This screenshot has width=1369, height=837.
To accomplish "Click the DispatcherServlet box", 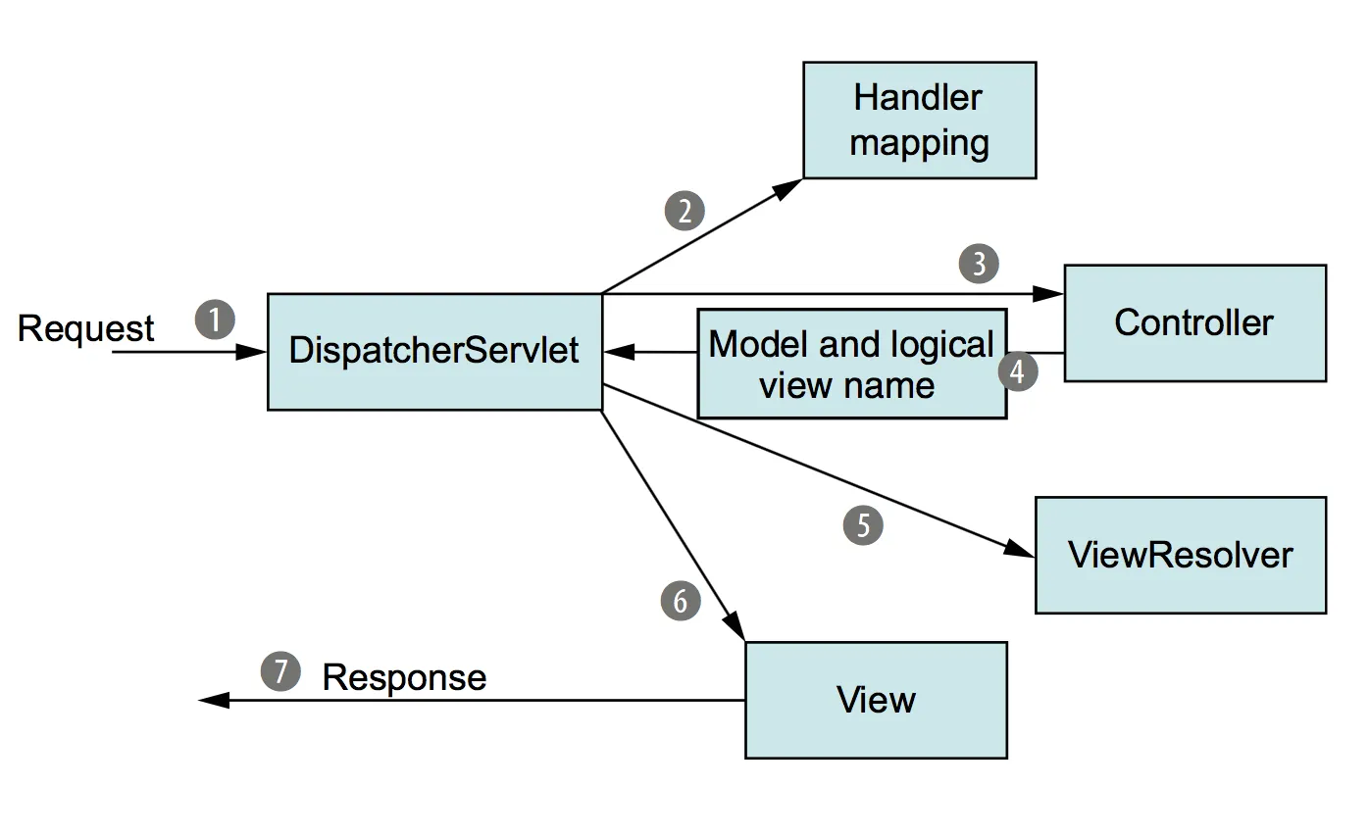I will tap(434, 351).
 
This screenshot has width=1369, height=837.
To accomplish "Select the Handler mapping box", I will tap(919, 121).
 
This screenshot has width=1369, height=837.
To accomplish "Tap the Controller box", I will tap(1194, 322).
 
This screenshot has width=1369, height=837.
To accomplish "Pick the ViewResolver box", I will tap(1181, 555).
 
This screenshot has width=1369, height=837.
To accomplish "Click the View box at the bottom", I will tap(876, 700).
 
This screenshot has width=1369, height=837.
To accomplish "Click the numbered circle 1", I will tap(216, 320).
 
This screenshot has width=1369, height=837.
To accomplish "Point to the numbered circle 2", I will tap(684, 211).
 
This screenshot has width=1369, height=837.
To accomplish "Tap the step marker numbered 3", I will tap(979, 263).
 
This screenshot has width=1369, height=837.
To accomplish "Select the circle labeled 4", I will tap(1019, 372).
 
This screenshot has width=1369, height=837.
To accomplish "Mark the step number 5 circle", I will tap(863, 525).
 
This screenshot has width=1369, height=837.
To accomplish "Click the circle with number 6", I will tap(682, 600).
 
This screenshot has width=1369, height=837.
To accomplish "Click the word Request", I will tap(86, 328).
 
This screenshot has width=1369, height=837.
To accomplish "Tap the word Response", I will tap(404, 677).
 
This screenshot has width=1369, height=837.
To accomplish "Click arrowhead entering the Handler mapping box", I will tap(790, 187).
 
